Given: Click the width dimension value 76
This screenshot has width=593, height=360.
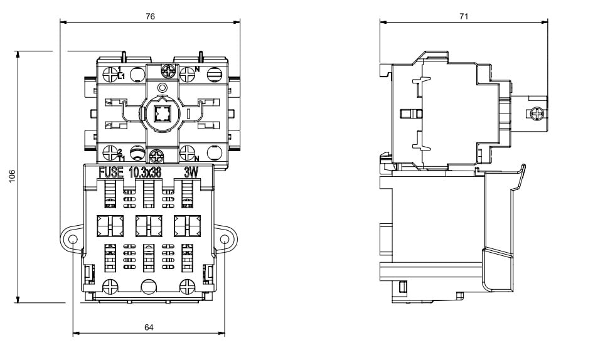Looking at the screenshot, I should coord(150,17).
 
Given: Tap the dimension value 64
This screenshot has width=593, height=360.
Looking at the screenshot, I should coord(149,327).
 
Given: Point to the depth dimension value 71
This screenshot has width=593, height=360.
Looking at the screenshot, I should coord(464,17).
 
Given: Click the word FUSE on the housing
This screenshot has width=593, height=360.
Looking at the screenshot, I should coord(111,172).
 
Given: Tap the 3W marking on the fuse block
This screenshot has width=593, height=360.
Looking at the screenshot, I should coord(190,172).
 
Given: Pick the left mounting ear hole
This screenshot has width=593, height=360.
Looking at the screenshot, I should coord(73,239).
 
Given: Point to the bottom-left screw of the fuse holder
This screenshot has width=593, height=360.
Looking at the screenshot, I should coord(109,286).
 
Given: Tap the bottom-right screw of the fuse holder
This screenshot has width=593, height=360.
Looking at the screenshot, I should coord(188,286).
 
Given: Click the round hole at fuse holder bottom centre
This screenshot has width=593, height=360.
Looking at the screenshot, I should coord(149,286).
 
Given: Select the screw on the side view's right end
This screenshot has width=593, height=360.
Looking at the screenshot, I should coord(535,114).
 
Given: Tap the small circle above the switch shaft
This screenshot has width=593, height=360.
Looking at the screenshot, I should coord(163,87).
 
